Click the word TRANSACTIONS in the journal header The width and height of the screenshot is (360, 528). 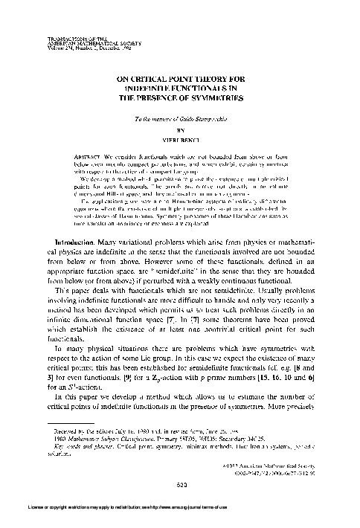coord(43,35)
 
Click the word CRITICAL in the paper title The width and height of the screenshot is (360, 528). coord(156,77)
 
